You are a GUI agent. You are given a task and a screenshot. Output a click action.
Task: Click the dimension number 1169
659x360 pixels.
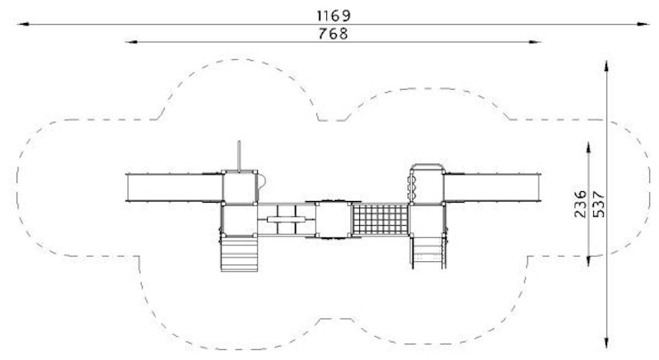[x=334, y=16]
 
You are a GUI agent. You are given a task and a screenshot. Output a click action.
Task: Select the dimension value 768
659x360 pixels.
[x=334, y=34]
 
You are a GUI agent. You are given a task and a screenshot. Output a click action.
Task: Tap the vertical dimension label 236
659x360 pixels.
[x=580, y=203]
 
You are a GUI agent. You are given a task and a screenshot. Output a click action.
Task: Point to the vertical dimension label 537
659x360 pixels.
[x=599, y=204]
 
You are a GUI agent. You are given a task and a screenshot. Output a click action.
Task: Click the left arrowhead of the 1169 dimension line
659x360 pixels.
[x=23, y=24]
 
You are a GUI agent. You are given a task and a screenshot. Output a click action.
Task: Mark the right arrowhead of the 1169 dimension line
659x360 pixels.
[x=643, y=24]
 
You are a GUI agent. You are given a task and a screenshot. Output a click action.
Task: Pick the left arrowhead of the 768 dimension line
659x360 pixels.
[x=132, y=41]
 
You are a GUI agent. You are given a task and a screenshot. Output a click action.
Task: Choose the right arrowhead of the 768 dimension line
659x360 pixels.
[x=535, y=41]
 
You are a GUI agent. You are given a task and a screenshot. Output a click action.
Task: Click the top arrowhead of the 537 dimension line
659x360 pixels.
[x=606, y=67]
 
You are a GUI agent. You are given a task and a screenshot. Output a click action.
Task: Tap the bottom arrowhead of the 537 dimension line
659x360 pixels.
[x=606, y=343]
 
